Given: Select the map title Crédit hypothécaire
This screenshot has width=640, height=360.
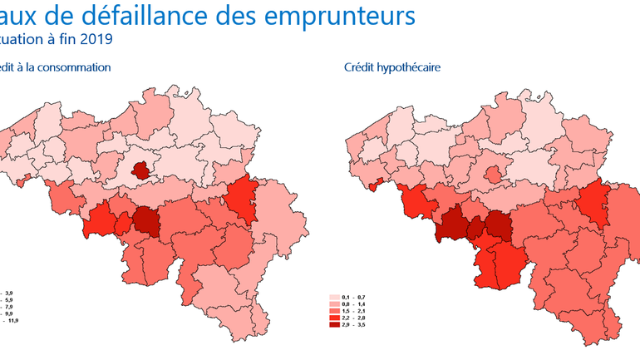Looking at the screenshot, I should click(x=391, y=67).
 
